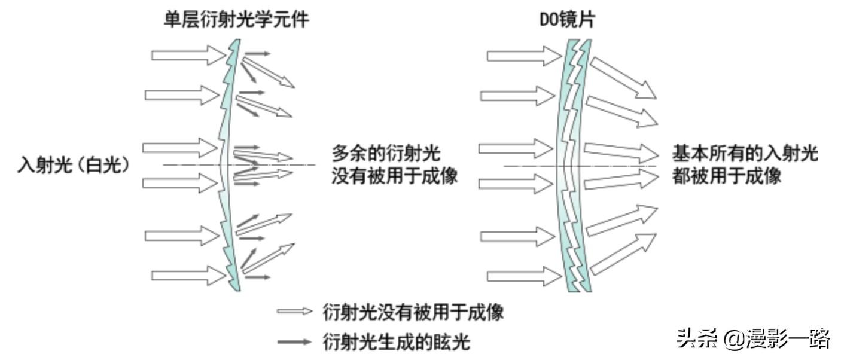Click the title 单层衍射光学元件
point(237,20)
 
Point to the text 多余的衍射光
point(386,153)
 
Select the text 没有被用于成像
point(394,176)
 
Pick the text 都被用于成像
point(727,176)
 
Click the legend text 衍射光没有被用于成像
point(413,312)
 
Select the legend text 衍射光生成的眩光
point(396,342)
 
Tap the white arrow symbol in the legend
point(294,312)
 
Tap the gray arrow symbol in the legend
point(294,342)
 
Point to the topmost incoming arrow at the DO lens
point(520,56)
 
